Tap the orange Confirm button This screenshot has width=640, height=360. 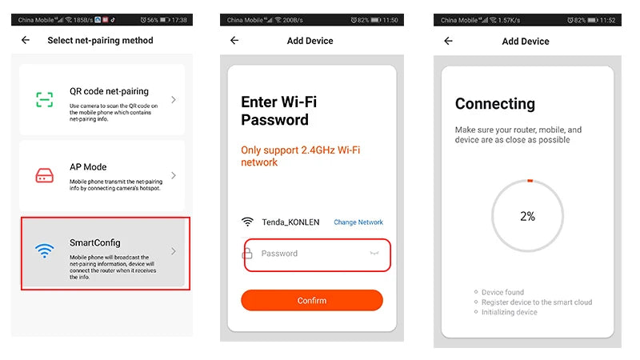[x=312, y=301]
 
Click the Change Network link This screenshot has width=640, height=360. [x=358, y=222]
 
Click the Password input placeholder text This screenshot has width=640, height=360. [x=279, y=254]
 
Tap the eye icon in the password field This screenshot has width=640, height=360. [x=374, y=253]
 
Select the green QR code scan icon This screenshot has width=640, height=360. [x=45, y=99]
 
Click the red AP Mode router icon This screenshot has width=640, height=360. [x=45, y=175]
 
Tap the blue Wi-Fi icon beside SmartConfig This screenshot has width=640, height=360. [x=45, y=250]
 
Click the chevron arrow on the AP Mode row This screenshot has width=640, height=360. [x=174, y=175]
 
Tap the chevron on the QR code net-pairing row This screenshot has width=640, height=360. [x=174, y=99]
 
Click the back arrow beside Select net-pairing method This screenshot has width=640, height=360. [x=26, y=40]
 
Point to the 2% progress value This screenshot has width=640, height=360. [x=527, y=216]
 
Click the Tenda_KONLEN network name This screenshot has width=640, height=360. [x=290, y=222]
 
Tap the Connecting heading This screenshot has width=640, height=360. [x=494, y=104]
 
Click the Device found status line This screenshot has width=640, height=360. [x=502, y=292]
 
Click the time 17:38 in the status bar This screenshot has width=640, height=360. [x=179, y=19]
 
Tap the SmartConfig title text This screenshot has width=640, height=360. [x=94, y=243]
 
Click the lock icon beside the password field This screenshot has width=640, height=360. [x=247, y=254]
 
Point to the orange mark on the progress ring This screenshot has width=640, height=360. [x=530, y=181]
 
